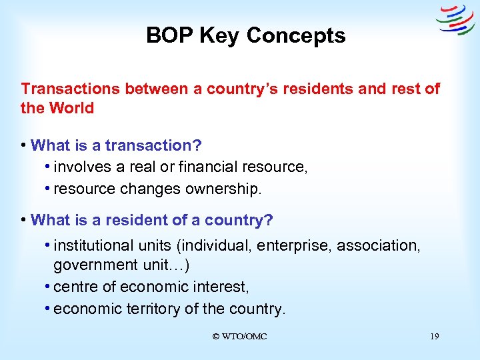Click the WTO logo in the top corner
(x=455, y=19)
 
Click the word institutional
(x=93, y=245)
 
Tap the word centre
(x=75, y=287)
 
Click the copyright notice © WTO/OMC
(x=239, y=337)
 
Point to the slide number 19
(x=434, y=337)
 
